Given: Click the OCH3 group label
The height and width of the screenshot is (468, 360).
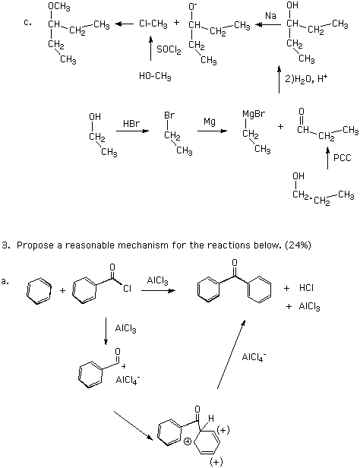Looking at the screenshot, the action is point(58,7).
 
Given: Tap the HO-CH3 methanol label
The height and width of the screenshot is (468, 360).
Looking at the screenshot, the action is point(155,77).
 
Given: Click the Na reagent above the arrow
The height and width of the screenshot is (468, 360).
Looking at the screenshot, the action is point(270,16).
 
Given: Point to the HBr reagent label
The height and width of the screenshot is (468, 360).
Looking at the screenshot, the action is point(131,123).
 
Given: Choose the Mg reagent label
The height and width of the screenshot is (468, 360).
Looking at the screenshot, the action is point(210,122).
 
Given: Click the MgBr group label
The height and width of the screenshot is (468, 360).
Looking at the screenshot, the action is point(254,114).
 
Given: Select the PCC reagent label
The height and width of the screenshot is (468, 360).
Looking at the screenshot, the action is point(343,157).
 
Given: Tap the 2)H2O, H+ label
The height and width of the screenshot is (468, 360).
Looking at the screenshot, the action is point(306,79).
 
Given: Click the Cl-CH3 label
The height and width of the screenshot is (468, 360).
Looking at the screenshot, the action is point(153,24).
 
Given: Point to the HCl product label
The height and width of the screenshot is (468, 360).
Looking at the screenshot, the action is point(306,288).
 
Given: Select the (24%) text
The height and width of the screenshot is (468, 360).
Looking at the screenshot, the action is point(298,245).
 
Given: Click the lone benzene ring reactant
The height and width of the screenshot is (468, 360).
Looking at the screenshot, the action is point(39,290).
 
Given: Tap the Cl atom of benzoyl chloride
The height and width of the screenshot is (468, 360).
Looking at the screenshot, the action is point(128,289).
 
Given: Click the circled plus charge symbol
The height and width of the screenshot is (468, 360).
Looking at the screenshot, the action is point(188,441).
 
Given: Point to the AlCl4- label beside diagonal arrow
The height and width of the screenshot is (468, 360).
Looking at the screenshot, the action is point(254,356).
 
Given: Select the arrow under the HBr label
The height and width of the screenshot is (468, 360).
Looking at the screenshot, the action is point(132,131).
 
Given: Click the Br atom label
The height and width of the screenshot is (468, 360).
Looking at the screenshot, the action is point(169,115).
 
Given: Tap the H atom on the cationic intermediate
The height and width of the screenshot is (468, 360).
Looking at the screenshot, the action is point(211,419).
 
